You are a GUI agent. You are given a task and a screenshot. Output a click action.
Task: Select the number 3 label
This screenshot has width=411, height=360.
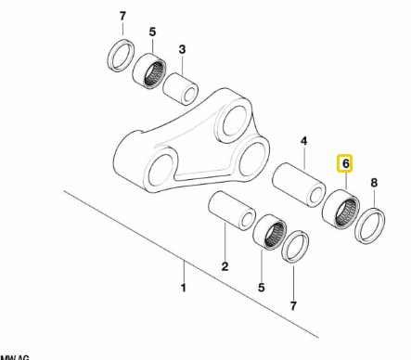183,49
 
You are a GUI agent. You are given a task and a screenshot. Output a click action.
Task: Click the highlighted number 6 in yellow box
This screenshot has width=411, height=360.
344,164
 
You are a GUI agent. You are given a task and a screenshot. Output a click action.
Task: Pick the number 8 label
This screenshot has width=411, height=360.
375,184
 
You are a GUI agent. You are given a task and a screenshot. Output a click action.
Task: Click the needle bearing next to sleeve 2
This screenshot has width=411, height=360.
269,230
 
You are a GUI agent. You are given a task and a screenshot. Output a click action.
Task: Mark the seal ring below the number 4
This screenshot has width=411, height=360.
295,247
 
